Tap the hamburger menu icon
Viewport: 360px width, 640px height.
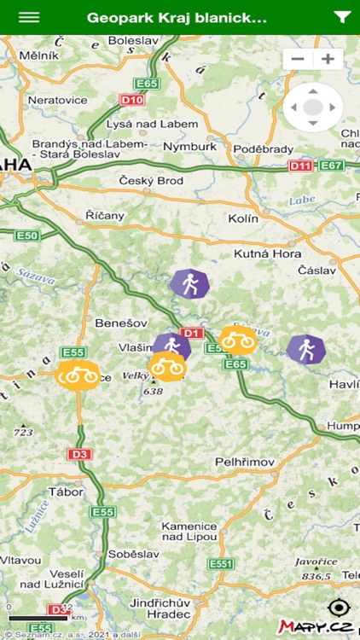tap(29, 17)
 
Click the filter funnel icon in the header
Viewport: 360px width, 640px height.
tap(342, 17)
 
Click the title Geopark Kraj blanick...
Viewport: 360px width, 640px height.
tap(177, 17)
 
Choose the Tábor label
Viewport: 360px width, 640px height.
tap(66, 492)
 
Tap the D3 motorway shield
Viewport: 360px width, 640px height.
tap(80, 454)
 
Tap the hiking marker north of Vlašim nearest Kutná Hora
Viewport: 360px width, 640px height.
tap(189, 284)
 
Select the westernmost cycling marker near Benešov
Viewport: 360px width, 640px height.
tap(78, 374)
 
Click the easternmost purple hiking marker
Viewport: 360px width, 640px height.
tap(305, 348)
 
